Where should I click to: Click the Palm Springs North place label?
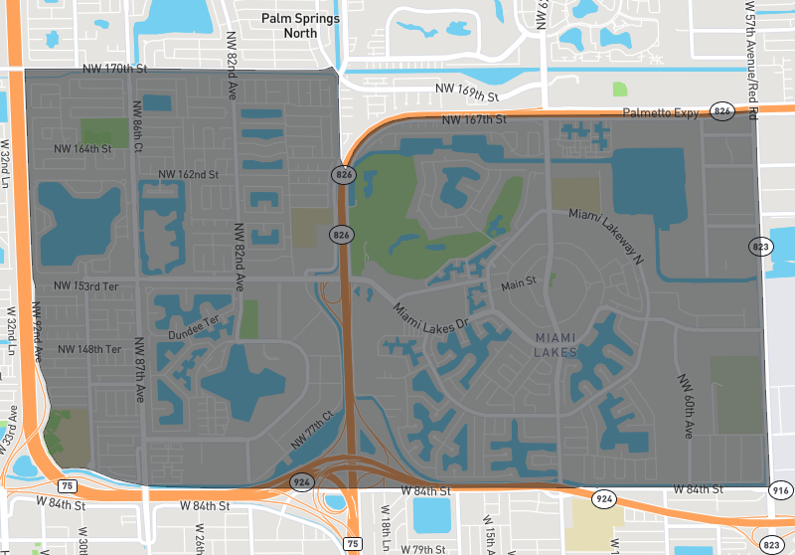tap(300, 26)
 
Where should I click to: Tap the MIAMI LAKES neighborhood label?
tap(555, 345)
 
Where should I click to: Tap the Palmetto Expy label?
tap(661, 113)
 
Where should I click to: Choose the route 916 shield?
tap(781, 489)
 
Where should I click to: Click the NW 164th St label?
tap(83, 149)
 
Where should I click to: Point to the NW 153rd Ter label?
tap(85, 286)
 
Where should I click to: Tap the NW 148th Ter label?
tap(89, 349)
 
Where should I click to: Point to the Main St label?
tap(518, 283)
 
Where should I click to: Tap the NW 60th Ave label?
tap(686, 407)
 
